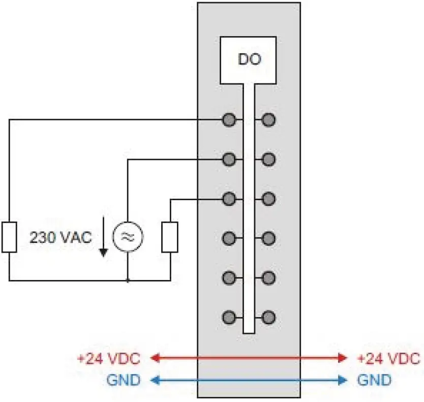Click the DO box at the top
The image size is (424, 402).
click(x=249, y=60)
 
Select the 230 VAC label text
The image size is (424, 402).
click(x=60, y=237)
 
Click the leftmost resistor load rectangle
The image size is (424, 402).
click(x=9, y=237)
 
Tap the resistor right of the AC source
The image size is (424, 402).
click(x=170, y=237)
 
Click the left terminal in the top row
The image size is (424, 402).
click(x=229, y=120)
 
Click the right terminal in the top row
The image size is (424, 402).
click(x=268, y=120)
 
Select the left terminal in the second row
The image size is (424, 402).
click(x=229, y=159)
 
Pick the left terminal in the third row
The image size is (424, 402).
click(x=229, y=198)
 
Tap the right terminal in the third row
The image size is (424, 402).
click(x=268, y=198)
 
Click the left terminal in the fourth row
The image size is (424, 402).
click(x=229, y=238)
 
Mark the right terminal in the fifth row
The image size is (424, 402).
click(x=268, y=278)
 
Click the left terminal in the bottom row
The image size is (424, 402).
click(x=229, y=318)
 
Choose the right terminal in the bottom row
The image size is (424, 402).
click(x=268, y=318)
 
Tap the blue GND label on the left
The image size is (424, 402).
click(x=123, y=380)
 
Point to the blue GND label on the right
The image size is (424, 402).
click(x=375, y=380)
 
